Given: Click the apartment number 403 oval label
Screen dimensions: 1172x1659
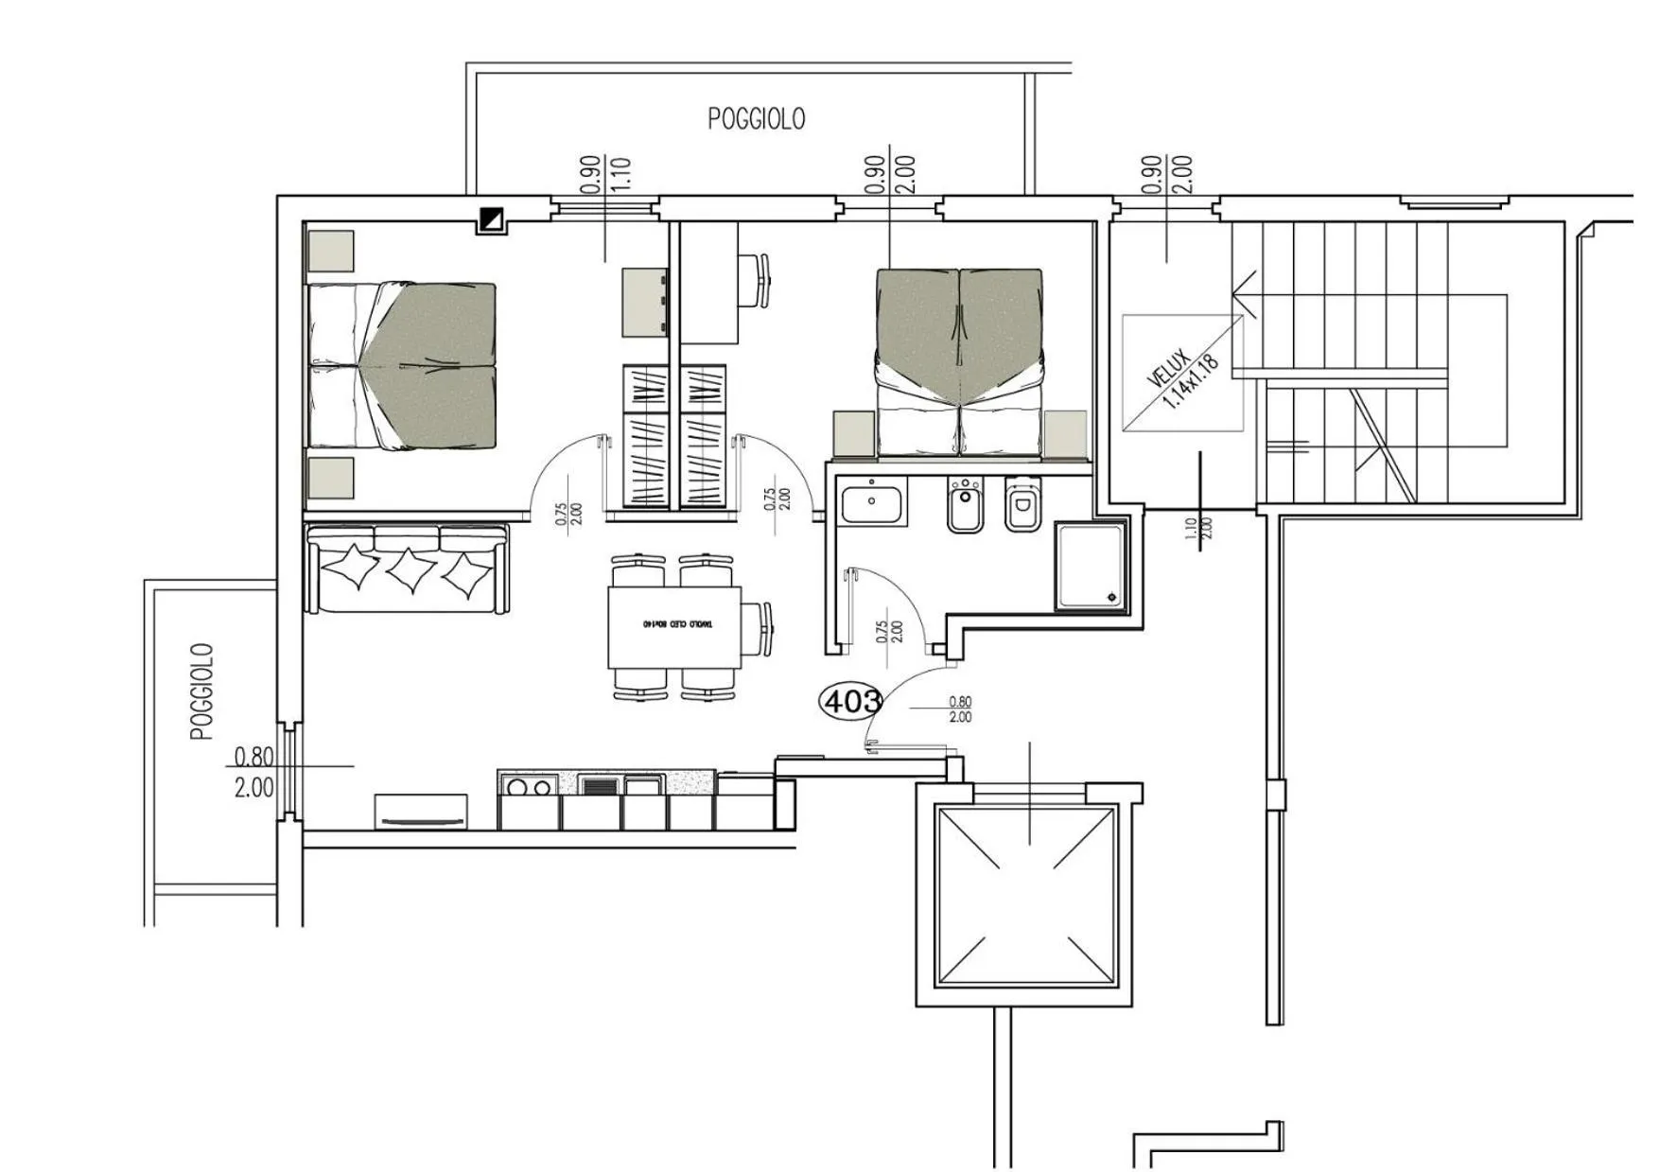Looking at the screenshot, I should (x=850, y=701).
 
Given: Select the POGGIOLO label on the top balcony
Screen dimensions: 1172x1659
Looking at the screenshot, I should (x=756, y=119).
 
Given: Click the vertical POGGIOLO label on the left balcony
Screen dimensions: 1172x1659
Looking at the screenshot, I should (x=202, y=691).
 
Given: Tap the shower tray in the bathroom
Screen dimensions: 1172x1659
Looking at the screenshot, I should (x=1091, y=566).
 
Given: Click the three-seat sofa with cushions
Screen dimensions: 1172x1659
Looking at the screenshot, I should (x=407, y=569).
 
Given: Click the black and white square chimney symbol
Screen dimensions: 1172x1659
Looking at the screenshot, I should (x=492, y=219).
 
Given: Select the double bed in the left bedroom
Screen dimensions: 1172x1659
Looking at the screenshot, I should (x=402, y=365).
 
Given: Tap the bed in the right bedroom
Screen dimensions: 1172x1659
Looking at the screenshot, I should (x=960, y=362).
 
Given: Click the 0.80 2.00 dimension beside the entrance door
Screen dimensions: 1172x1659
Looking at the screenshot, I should (x=959, y=709).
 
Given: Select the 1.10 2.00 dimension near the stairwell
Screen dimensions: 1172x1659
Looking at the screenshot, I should (x=1197, y=528).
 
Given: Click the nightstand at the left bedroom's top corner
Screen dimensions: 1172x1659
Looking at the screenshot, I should (x=331, y=252).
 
